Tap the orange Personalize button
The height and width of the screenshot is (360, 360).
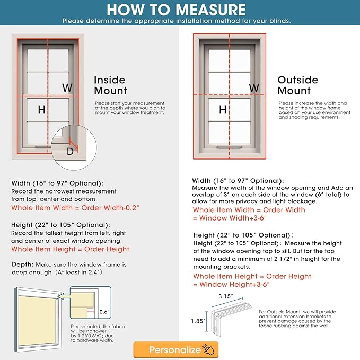[x=175, y=349]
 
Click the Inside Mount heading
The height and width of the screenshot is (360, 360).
[x=110, y=85]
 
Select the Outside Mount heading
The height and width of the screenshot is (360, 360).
[x=297, y=85]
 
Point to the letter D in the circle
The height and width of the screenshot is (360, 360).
[x=70, y=151]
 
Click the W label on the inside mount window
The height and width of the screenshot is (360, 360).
[x=67, y=87]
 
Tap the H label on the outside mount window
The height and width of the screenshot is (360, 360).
[x=223, y=110]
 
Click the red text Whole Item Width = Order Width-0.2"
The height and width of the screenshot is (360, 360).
[x=75, y=208]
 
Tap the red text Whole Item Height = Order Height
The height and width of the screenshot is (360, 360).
[x=70, y=249]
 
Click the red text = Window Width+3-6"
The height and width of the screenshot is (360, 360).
[x=229, y=218]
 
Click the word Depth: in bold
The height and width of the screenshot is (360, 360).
[x=23, y=264]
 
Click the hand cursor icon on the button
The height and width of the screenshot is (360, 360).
[x=210, y=349]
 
